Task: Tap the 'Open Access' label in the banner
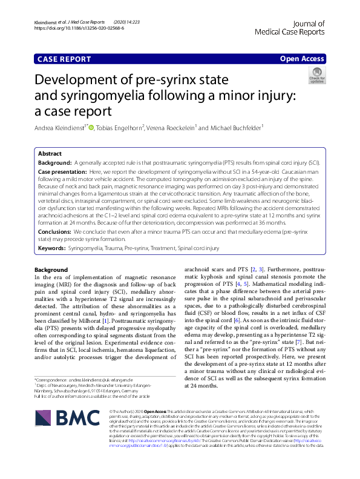(x=301, y=59)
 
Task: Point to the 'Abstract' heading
(x=49, y=154)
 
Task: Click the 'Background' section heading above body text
(x=51, y=269)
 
